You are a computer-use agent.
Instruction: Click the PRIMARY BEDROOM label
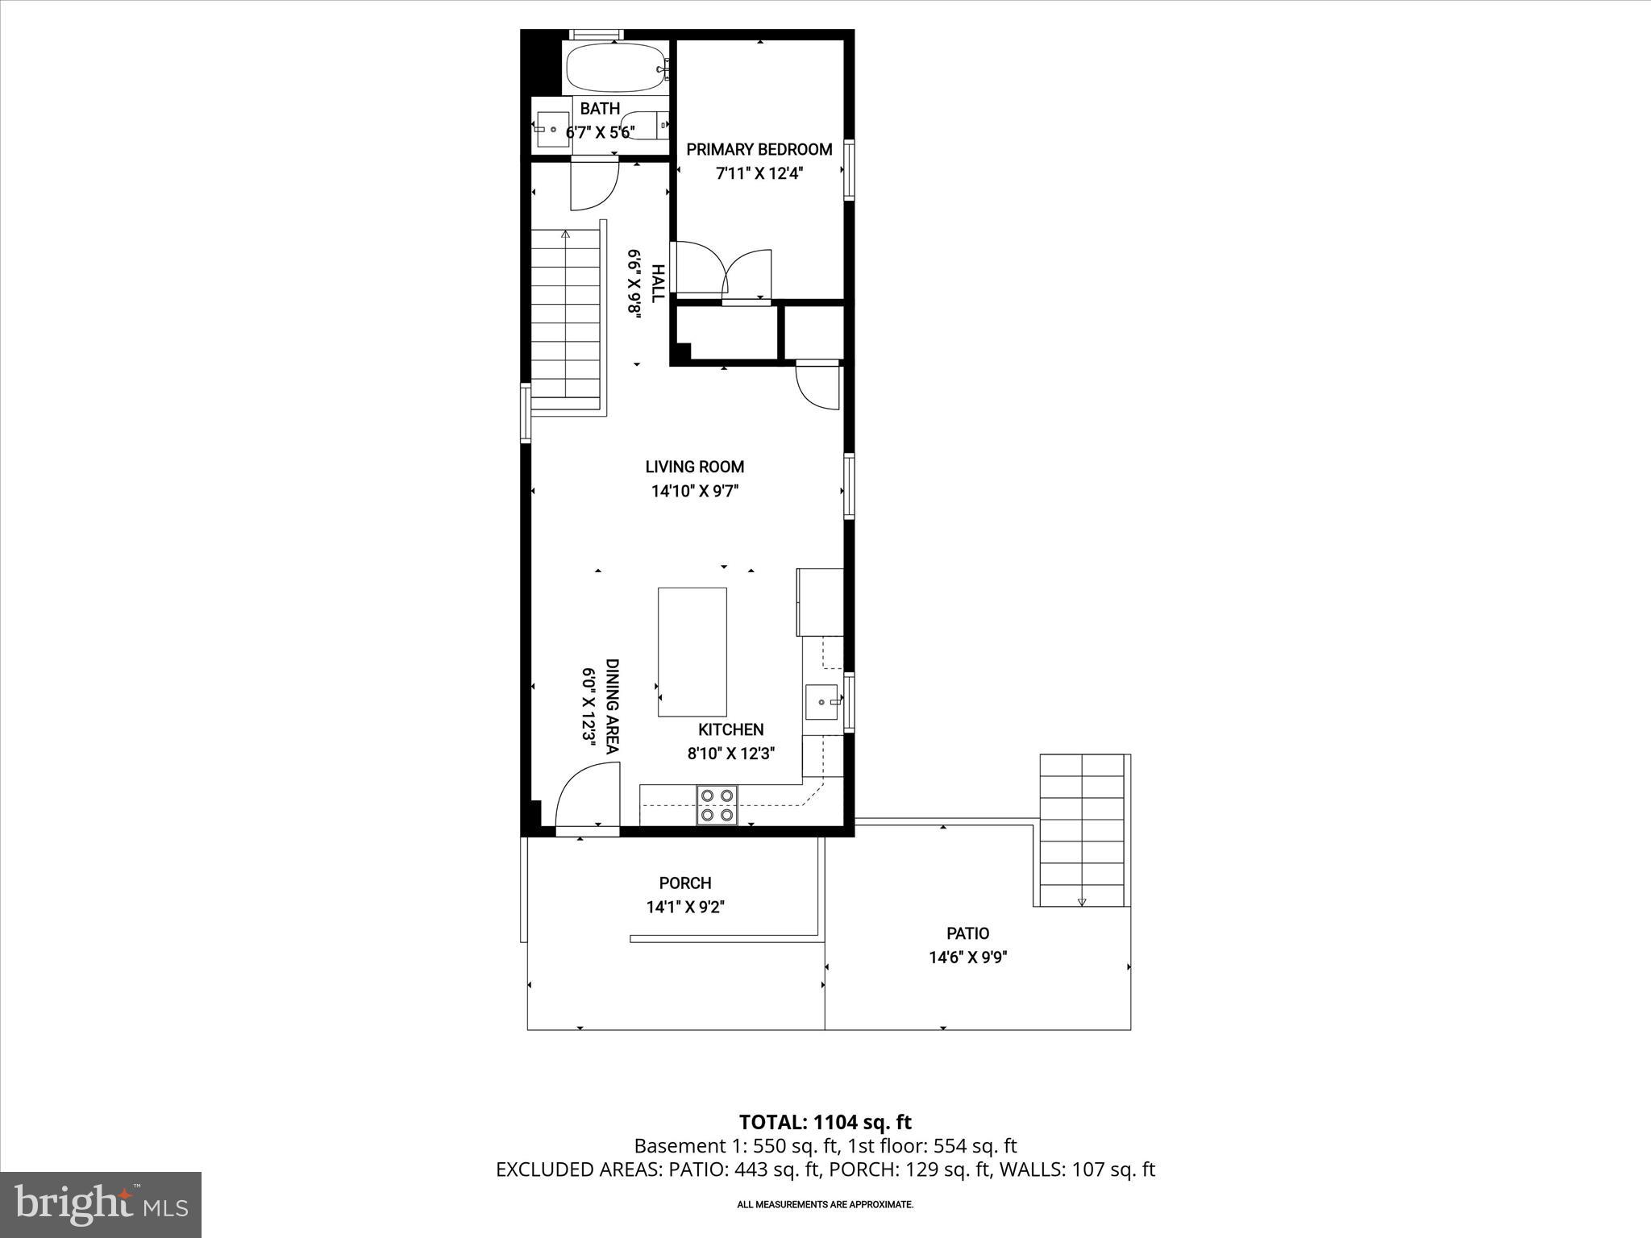point(759,150)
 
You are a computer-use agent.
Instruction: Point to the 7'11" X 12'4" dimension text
point(759,173)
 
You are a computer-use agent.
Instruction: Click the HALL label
point(658,284)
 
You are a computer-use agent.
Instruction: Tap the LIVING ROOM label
point(694,467)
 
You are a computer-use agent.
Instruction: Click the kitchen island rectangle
point(692,652)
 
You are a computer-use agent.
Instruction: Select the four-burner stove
point(717,805)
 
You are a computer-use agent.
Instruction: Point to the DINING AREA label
point(612,706)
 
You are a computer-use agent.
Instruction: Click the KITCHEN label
point(730,729)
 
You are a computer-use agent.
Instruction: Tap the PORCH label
point(685,883)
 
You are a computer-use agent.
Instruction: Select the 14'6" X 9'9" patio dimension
point(967,958)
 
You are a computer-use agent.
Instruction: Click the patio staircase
point(1081,830)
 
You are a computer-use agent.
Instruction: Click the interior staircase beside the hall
point(566,314)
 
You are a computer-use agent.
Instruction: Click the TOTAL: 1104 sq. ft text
point(825,1122)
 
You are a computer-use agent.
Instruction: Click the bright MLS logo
point(101,1204)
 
